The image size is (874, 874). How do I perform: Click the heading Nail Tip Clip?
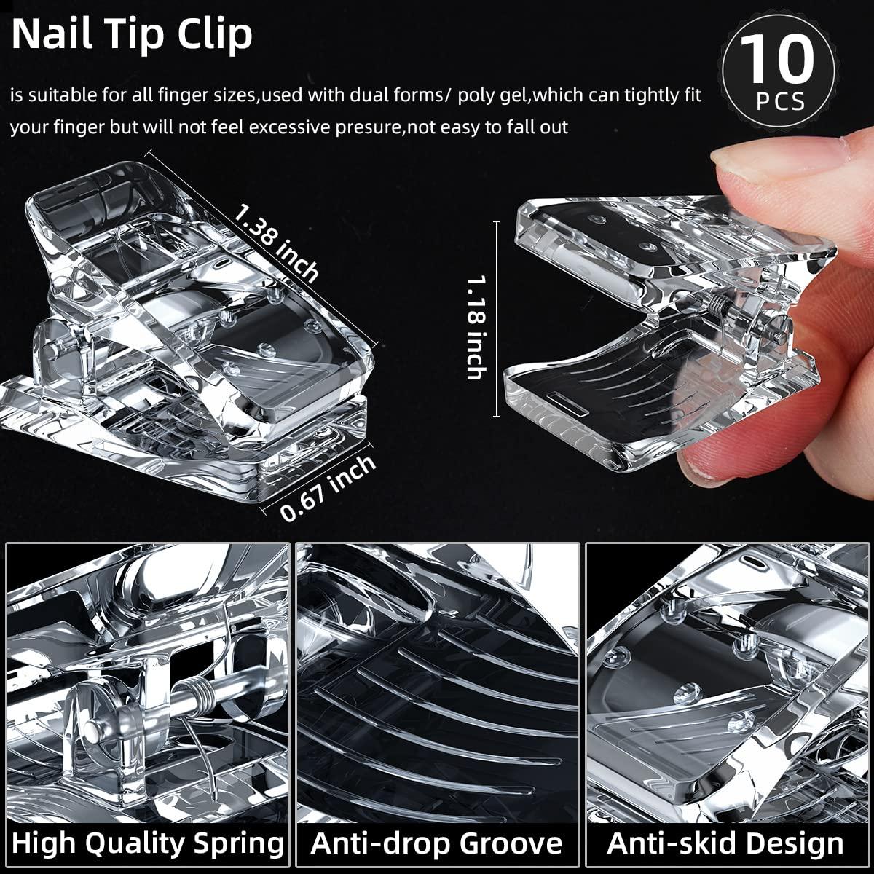pos(132,34)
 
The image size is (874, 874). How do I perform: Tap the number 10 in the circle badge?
pos(778,60)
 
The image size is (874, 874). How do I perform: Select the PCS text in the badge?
pos(780,101)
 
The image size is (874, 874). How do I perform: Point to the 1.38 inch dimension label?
pos(277,241)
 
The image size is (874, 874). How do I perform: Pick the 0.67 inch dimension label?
pos(328,489)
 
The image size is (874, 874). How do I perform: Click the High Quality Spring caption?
pos(148,843)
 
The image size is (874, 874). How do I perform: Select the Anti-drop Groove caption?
pos(437,843)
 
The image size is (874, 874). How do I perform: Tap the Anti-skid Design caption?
pos(725,843)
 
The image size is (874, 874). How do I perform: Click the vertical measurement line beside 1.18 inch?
pos(497,318)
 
